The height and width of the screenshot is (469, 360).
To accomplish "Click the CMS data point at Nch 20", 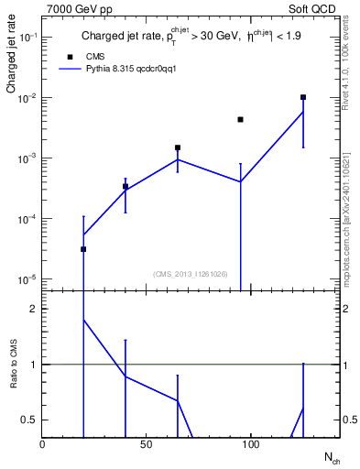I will tap(83, 249).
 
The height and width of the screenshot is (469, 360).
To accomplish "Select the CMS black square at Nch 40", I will tap(125, 187).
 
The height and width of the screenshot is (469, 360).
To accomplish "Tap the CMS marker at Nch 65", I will tap(178, 147).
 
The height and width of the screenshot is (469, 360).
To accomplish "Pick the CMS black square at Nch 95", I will tap(240, 119).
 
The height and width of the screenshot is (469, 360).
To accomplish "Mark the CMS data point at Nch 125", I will tap(303, 97).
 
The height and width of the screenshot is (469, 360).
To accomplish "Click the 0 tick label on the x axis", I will tap(42, 444).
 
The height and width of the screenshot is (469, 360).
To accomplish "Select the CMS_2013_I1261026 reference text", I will tap(191, 274).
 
